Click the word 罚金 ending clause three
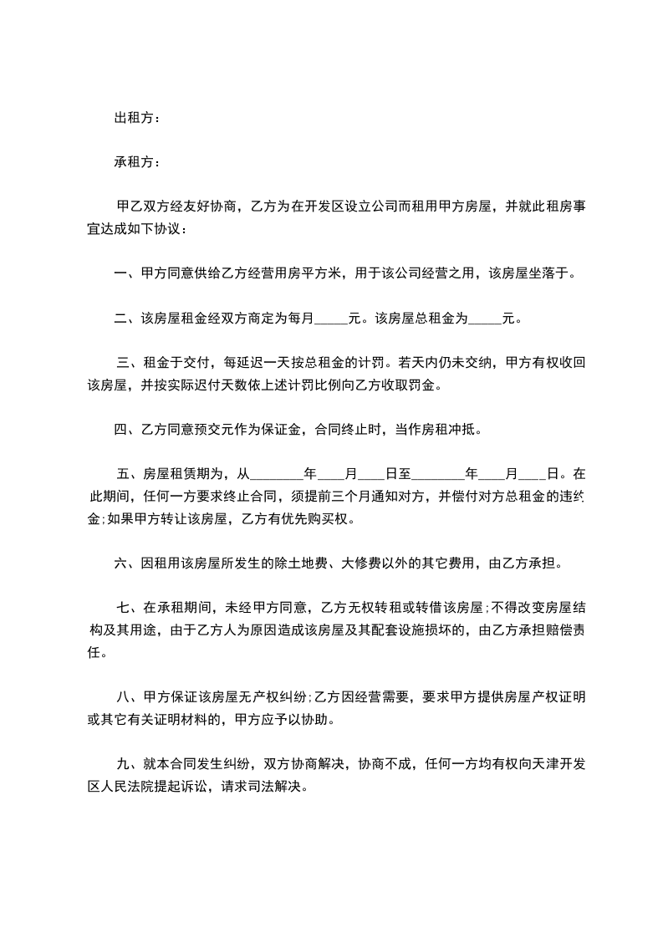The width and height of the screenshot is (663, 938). [x=424, y=385]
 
